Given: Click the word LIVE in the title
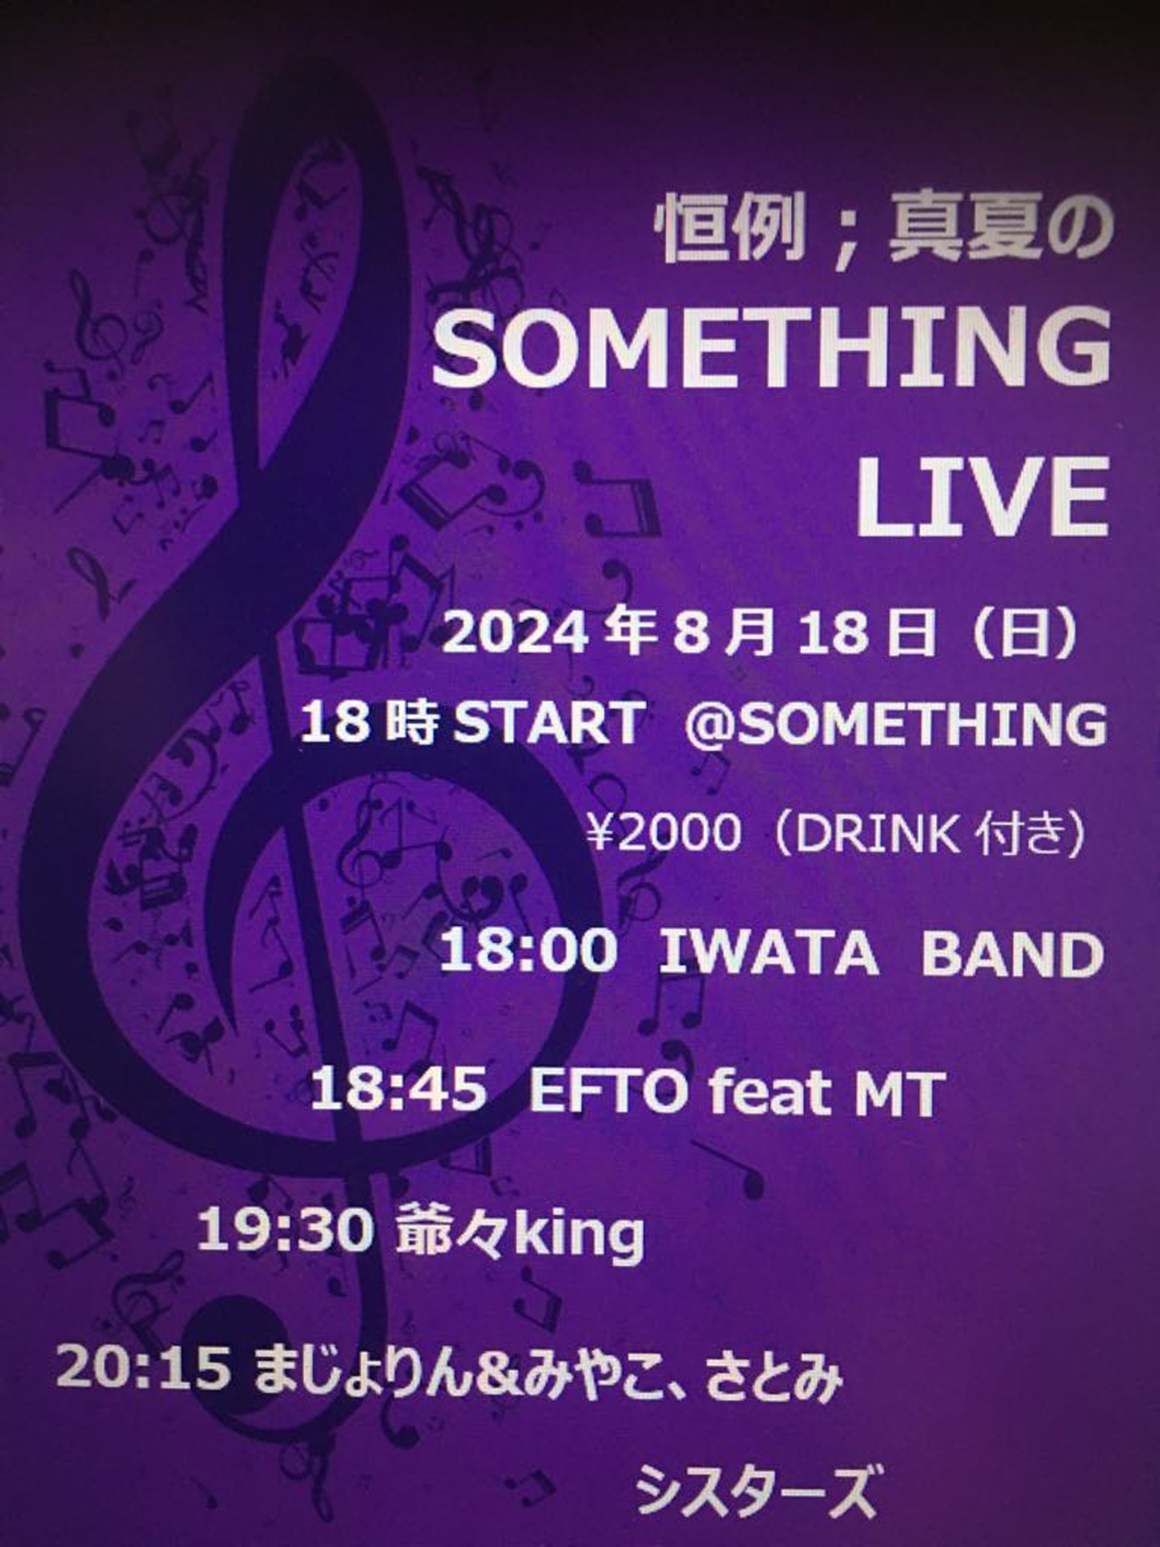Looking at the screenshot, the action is click(982, 497).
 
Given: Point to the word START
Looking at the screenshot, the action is click(549, 722).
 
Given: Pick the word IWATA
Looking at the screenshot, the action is click(768, 952).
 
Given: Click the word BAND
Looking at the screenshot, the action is click(1012, 953).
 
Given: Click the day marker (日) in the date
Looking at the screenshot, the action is click(1025, 634).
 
